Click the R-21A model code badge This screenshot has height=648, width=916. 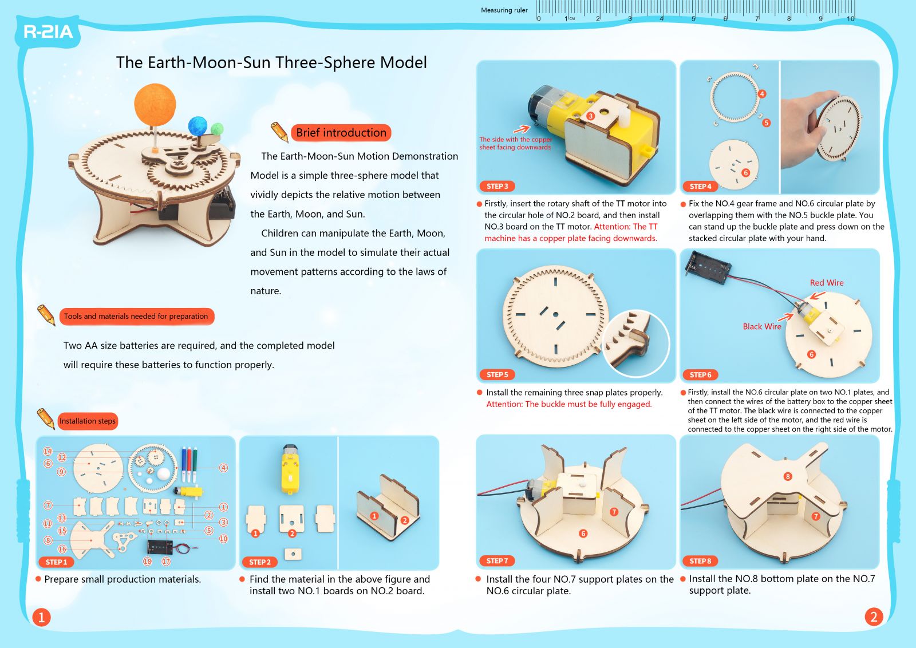48,32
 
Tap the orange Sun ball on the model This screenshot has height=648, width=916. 155,104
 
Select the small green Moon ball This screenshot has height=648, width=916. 217,129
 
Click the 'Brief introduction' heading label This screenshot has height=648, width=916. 341,133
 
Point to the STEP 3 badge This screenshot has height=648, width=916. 498,187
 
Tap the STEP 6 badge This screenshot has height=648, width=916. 701,375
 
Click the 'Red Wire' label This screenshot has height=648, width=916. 827,283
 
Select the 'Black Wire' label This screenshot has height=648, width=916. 762,326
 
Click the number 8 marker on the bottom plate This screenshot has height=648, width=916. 788,476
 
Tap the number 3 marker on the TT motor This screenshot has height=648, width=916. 590,116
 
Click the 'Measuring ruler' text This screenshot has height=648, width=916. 504,10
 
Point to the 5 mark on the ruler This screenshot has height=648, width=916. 693,19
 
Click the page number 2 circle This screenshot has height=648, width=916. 874,617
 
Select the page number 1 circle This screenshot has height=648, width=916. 41,617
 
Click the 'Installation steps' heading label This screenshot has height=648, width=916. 88,421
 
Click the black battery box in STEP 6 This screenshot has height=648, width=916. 708,268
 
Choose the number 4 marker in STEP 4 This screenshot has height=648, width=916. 762,94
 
